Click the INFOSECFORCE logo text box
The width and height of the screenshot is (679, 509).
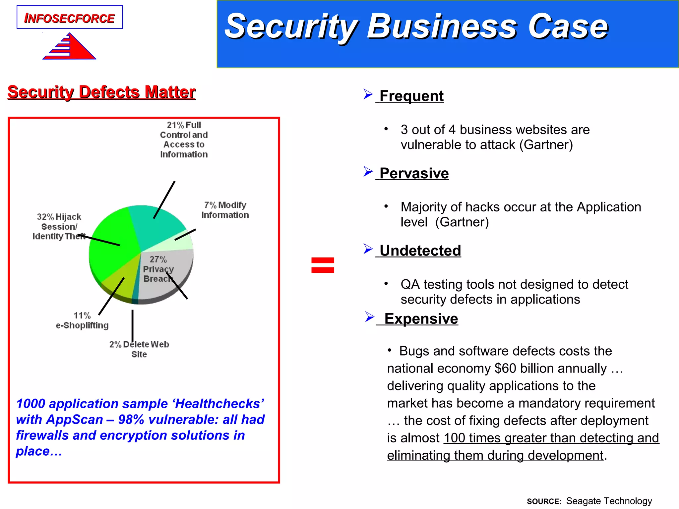point(70,18)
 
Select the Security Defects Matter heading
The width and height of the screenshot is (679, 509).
point(101,92)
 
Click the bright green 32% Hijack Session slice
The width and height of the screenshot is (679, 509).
point(109,245)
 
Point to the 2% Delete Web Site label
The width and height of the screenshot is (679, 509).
point(139,349)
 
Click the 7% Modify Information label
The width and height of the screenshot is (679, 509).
point(225,210)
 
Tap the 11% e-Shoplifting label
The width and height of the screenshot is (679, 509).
point(82,320)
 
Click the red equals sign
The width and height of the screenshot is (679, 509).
point(323,265)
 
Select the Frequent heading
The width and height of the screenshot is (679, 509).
point(411,96)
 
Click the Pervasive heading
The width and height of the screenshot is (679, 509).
point(414,173)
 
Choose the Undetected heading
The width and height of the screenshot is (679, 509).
point(420,251)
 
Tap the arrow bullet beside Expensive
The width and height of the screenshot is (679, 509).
point(369,317)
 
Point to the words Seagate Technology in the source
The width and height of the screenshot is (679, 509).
point(609,501)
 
